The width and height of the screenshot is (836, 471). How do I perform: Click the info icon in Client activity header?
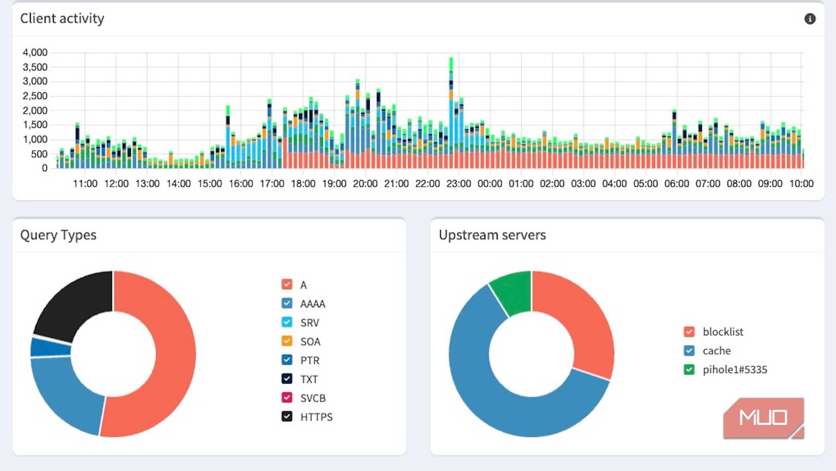coord(810,19)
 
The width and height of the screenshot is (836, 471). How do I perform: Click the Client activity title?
coord(62,19)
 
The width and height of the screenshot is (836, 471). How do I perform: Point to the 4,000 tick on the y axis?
coord(35,53)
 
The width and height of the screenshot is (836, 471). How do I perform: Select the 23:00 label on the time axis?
coord(459,184)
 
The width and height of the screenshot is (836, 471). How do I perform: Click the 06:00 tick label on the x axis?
coord(676,184)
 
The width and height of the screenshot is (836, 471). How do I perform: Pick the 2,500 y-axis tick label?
coord(35,96)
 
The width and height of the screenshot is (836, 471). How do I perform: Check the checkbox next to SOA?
coord(287,341)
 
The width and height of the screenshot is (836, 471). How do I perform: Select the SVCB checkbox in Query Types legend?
coord(287,398)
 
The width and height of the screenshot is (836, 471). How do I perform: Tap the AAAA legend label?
coord(312,304)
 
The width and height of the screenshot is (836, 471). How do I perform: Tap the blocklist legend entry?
coord(723,332)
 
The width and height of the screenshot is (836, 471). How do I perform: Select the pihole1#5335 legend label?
coord(734,370)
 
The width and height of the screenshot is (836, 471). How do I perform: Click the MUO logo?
coord(763,418)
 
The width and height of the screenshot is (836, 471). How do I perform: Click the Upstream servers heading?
coord(492,235)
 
